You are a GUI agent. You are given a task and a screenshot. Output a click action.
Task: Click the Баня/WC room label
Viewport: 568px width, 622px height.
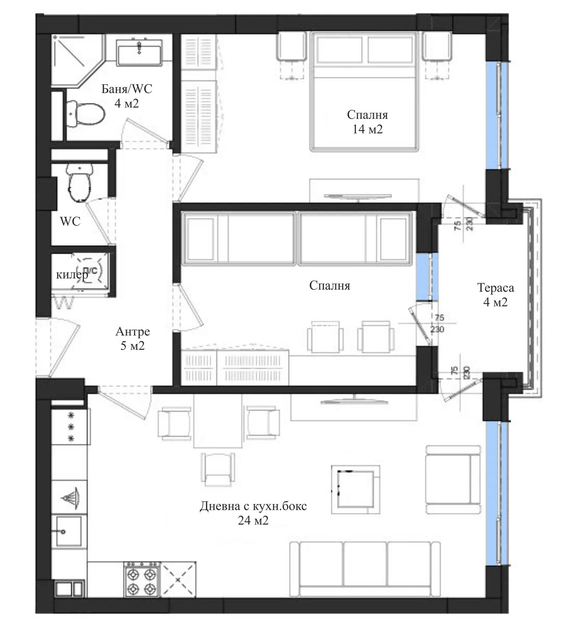tap(126, 96)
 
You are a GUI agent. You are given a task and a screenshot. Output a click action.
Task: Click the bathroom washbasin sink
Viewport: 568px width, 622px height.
tap(139, 52)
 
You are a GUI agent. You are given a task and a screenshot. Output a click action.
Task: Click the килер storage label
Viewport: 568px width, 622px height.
tap(72, 275)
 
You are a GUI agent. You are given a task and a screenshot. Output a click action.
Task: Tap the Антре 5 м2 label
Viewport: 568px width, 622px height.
tap(132, 338)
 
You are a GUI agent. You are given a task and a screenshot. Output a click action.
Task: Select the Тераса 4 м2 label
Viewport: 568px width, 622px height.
tap(495, 294)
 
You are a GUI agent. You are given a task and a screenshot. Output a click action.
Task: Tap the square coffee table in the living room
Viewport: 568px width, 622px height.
tap(356, 489)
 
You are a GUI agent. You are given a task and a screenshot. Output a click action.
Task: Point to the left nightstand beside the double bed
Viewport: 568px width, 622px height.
tap(291, 46)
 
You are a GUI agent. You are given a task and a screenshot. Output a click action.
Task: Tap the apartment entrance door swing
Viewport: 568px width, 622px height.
tap(59, 346)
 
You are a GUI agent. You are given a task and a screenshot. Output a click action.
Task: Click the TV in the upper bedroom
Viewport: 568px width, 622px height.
tap(357, 196)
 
